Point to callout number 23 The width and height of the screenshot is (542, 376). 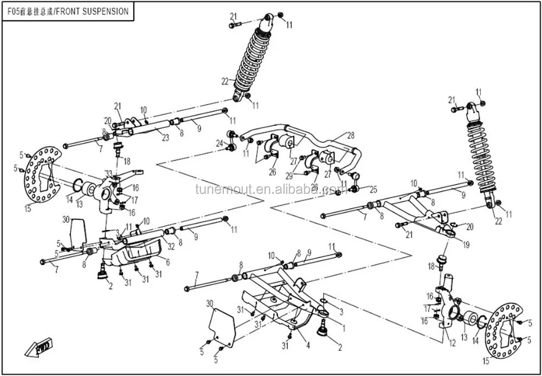pyautogui.click(x=165, y=138)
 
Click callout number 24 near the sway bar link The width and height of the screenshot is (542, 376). pyautogui.click(x=219, y=144)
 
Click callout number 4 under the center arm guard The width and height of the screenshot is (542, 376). pyautogui.click(x=307, y=345)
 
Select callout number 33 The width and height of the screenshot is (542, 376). pyautogui.click(x=108, y=173)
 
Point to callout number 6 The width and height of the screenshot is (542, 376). pyautogui.click(x=167, y=262)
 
